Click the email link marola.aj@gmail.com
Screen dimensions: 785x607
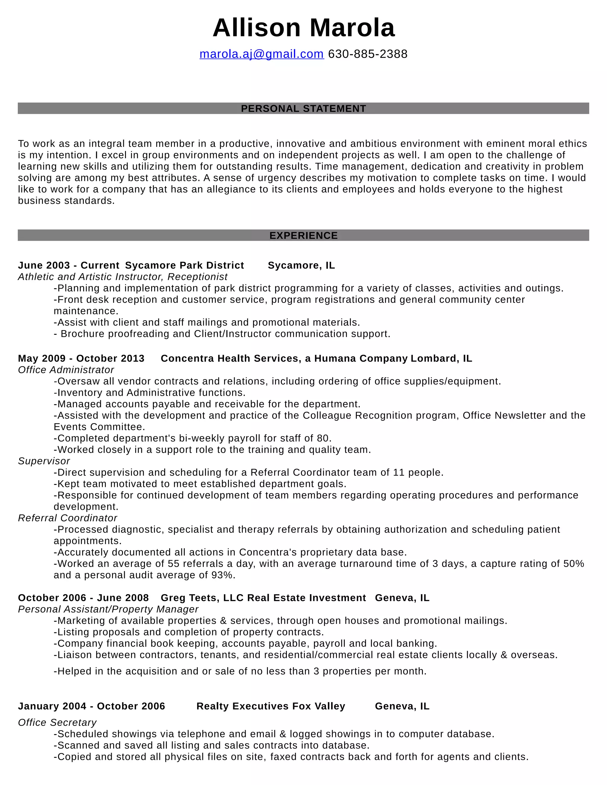[x=261, y=54]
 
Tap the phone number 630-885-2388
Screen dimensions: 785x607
[x=368, y=54]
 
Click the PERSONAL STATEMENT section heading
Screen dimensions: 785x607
[x=303, y=108]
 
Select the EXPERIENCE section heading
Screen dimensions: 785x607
[x=303, y=235]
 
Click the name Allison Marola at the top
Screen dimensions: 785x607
[x=303, y=28]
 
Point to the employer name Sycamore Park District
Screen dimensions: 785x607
[x=184, y=265]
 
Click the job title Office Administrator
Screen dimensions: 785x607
[x=66, y=370]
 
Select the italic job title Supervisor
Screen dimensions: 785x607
[x=44, y=461]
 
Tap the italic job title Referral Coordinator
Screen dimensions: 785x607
[x=68, y=518]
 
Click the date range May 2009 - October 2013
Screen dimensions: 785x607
[x=81, y=358]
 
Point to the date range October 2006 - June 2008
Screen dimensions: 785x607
[x=83, y=598]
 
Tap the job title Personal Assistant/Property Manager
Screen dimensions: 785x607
[x=108, y=609]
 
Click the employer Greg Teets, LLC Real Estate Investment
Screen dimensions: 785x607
[x=263, y=598]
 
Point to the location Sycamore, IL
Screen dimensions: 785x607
[x=301, y=265]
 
